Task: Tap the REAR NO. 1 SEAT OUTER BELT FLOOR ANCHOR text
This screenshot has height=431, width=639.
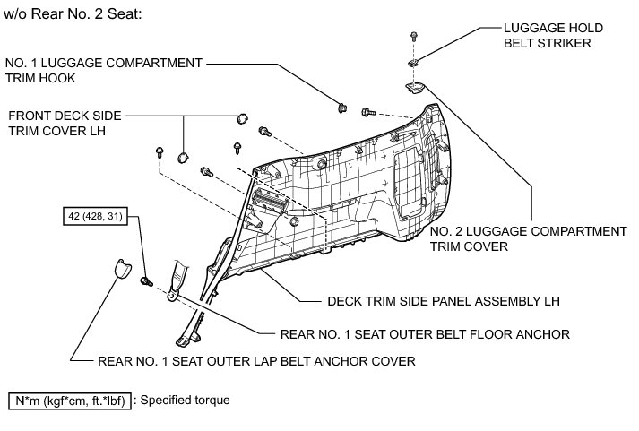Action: (x=425, y=333)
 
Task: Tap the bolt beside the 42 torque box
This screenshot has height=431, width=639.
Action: (x=147, y=282)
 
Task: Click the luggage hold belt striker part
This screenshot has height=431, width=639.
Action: (x=414, y=64)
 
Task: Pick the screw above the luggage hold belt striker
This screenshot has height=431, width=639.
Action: (x=413, y=37)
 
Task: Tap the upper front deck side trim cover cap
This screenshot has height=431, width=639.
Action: (x=241, y=117)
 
